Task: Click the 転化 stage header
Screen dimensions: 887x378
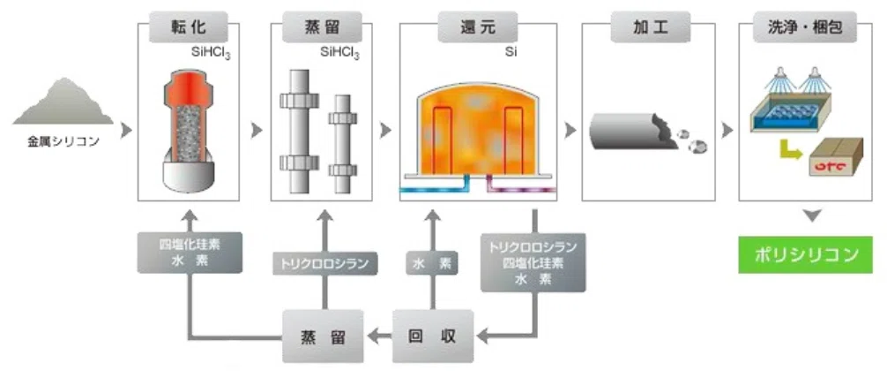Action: [x=189, y=26]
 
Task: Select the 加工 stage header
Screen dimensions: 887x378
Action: [x=648, y=26]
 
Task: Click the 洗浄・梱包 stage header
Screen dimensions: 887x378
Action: [x=805, y=26]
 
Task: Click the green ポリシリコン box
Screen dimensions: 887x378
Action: [x=805, y=255]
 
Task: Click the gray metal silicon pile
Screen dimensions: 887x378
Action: [x=63, y=102]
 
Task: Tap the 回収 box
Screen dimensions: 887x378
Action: [x=433, y=336]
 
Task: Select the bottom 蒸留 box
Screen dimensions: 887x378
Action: [x=323, y=336]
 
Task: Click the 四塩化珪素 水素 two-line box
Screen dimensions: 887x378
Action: [x=190, y=253]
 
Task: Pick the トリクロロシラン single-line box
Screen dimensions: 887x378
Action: [x=324, y=263]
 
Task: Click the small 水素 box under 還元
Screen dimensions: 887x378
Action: [x=432, y=263]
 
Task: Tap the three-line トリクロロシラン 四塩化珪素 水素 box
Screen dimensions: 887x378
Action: [x=533, y=262]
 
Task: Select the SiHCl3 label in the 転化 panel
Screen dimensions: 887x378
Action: [x=212, y=55]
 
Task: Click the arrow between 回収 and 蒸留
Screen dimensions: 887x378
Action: [x=378, y=337]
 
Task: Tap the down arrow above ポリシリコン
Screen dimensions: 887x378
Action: [x=812, y=216]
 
